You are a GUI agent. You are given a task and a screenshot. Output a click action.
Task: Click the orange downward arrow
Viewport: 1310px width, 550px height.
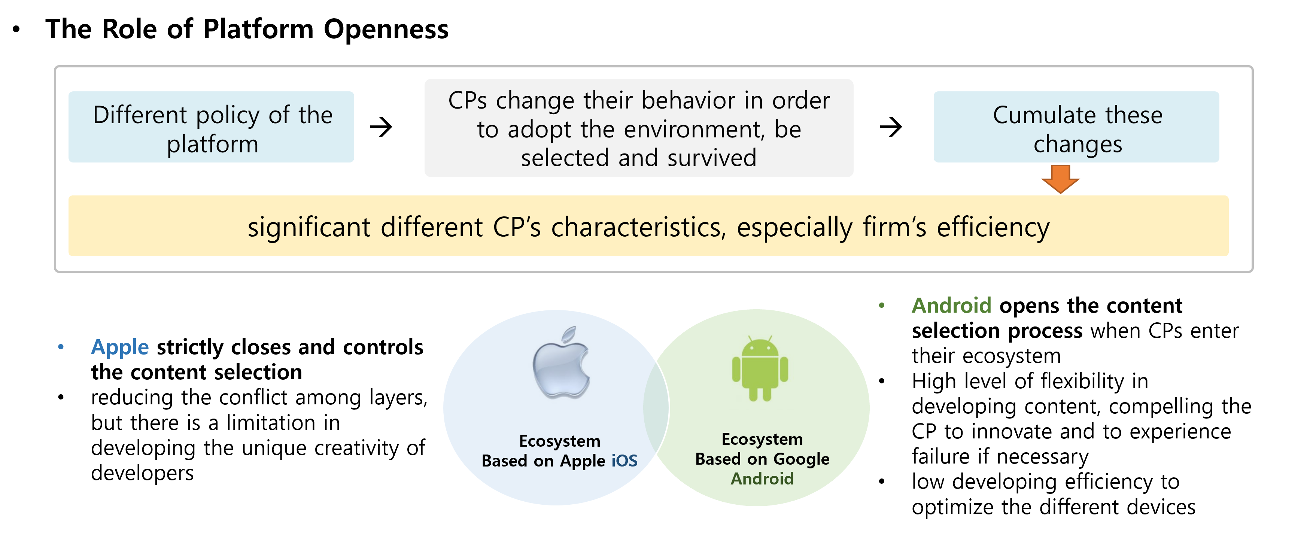(x=1060, y=179)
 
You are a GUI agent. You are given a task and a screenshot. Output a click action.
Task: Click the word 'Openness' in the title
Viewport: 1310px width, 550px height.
(x=386, y=29)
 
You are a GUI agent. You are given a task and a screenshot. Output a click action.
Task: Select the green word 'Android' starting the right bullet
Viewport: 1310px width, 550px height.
(x=951, y=306)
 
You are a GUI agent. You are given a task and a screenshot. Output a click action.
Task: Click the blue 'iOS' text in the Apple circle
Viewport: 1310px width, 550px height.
(x=624, y=461)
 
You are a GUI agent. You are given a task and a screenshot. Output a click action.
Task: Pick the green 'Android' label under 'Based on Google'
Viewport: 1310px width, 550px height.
(x=762, y=479)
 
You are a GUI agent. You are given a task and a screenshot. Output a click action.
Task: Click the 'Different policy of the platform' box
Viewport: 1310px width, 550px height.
(x=212, y=127)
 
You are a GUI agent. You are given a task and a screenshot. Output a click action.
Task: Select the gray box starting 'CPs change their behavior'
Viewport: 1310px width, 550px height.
(x=639, y=128)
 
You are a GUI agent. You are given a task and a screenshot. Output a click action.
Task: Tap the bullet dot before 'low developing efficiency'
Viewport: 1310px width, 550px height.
(x=882, y=481)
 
